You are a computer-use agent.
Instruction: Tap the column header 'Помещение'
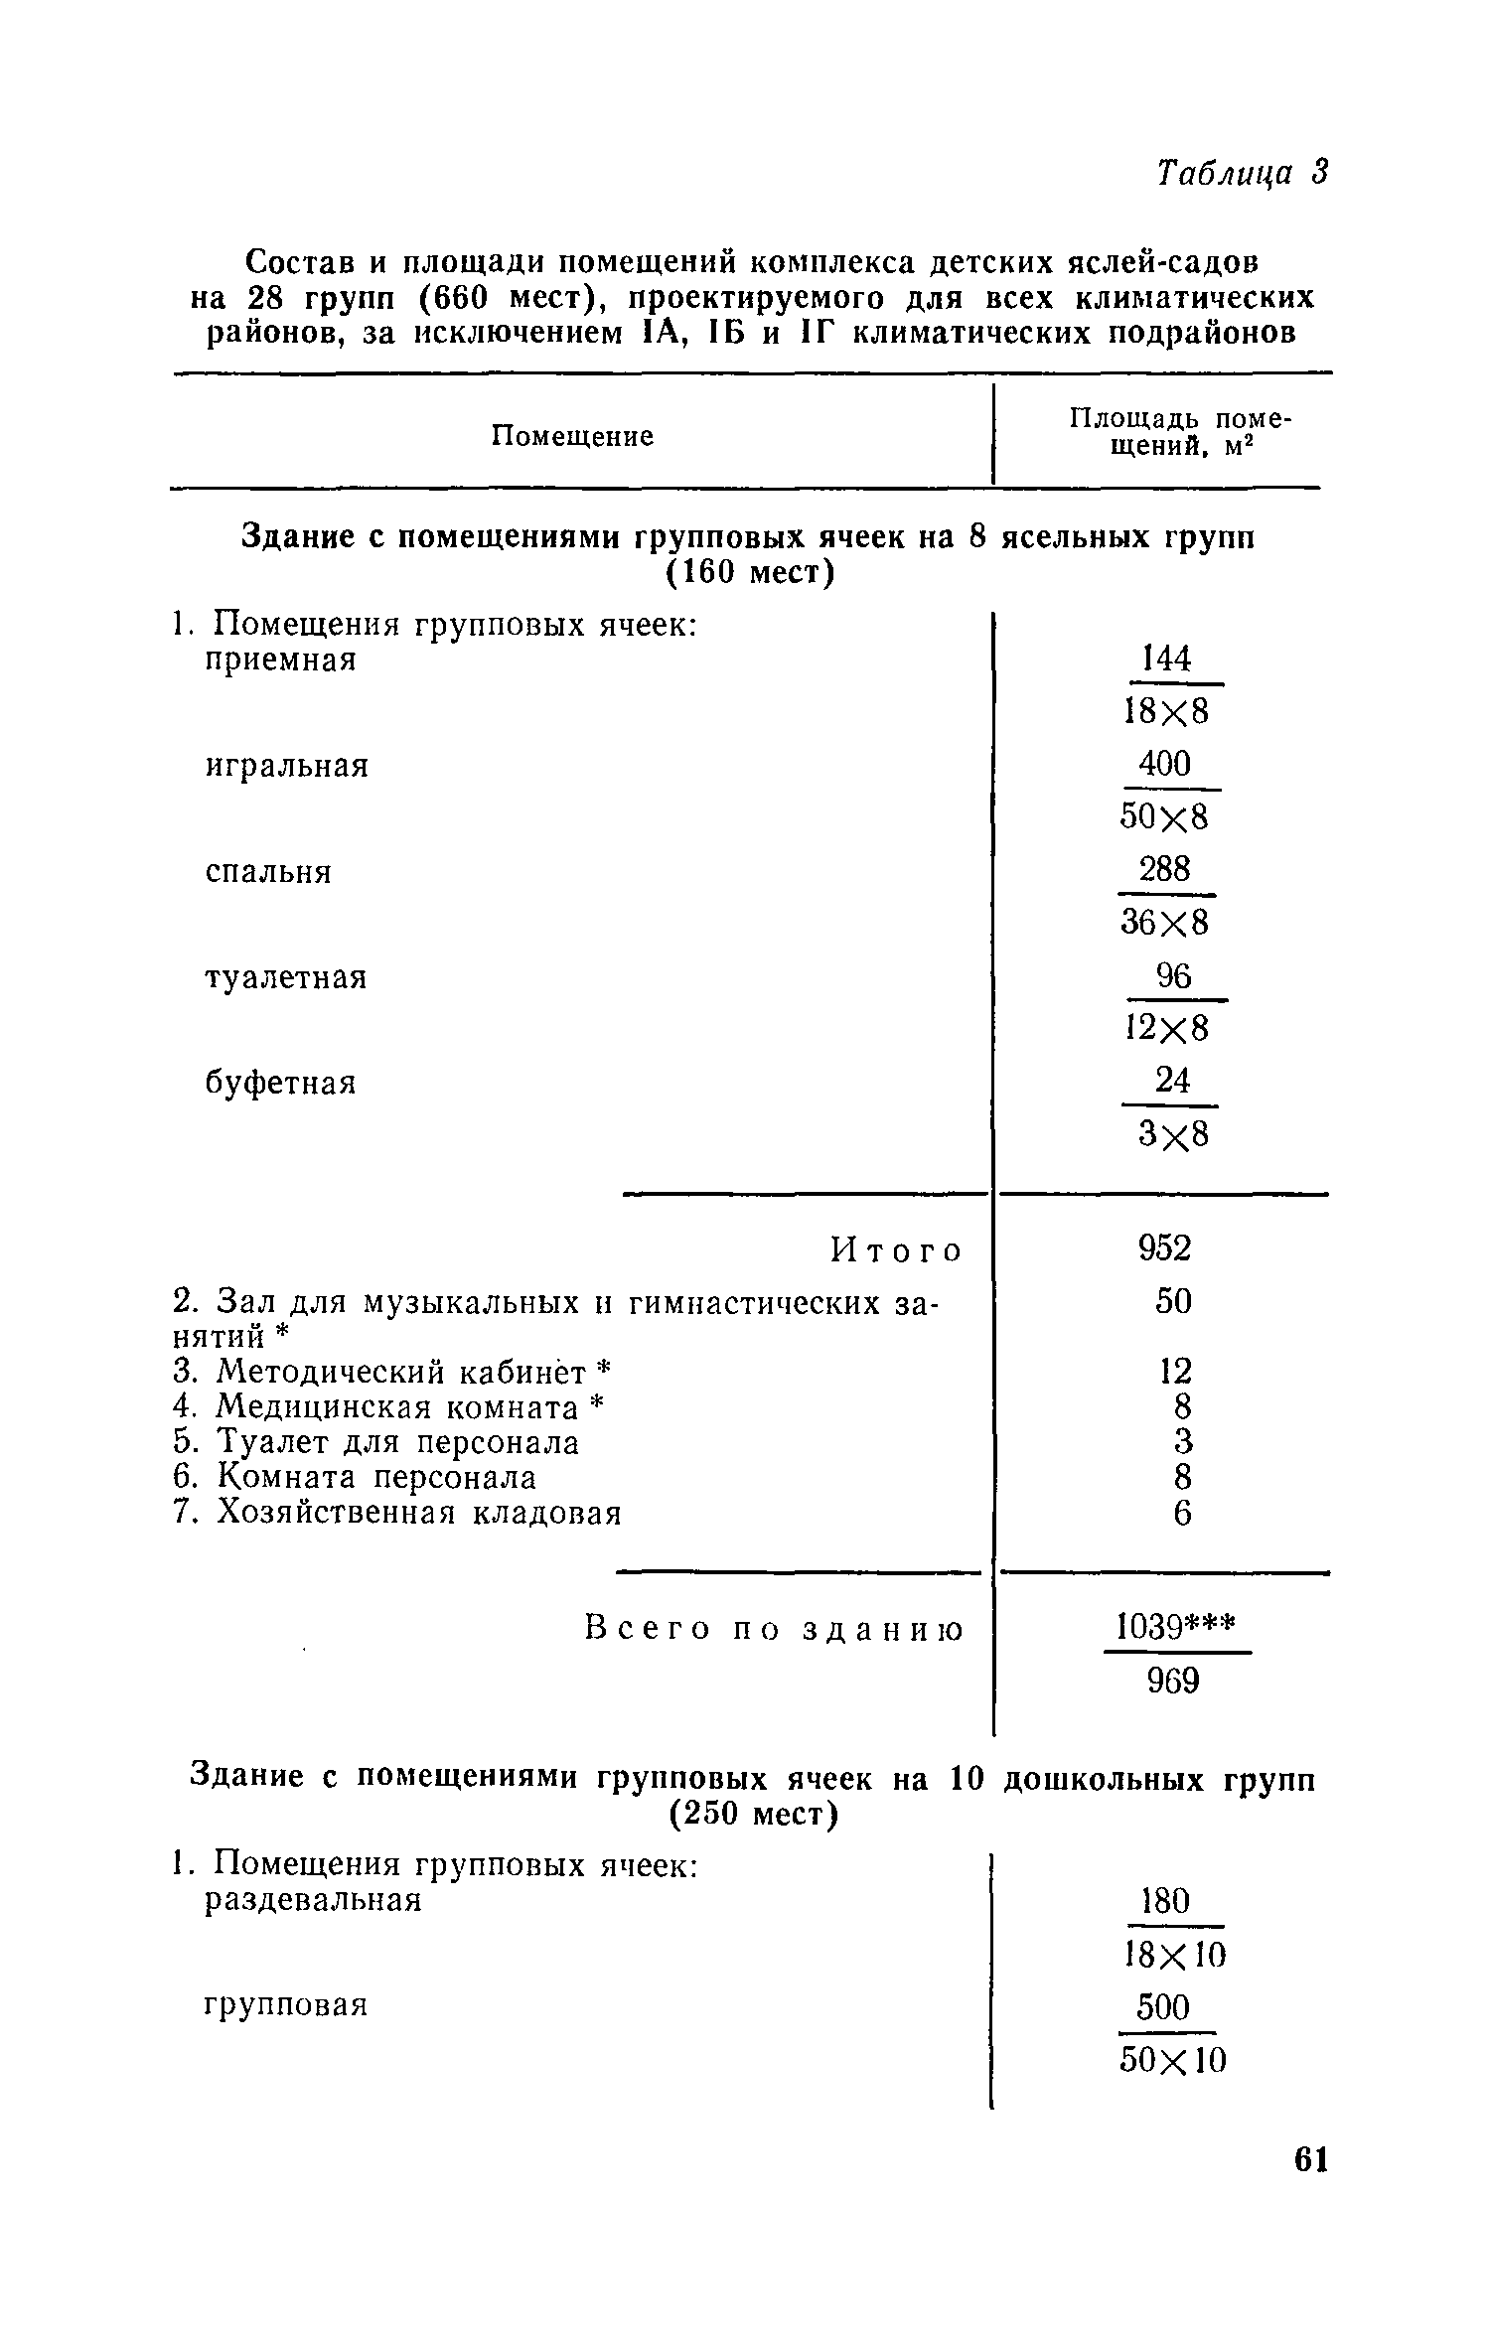point(573,436)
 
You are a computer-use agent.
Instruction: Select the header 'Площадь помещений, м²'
point(1179,433)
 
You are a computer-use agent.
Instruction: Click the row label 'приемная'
point(280,660)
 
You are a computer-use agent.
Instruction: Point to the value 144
point(1166,659)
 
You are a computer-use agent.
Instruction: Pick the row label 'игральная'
point(286,766)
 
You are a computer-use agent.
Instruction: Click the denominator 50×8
point(1165,817)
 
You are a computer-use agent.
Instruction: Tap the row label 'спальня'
point(268,872)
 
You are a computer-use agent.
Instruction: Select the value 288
point(1164,870)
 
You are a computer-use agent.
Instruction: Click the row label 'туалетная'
point(286,978)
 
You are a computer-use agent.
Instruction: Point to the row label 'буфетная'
point(280,1083)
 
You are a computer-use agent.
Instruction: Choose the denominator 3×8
point(1173,1134)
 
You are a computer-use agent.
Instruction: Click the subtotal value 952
point(1164,1248)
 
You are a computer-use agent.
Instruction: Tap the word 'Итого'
point(896,1250)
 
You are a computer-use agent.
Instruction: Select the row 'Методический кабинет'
point(390,1373)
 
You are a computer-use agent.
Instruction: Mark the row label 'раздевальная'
point(313,1900)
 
